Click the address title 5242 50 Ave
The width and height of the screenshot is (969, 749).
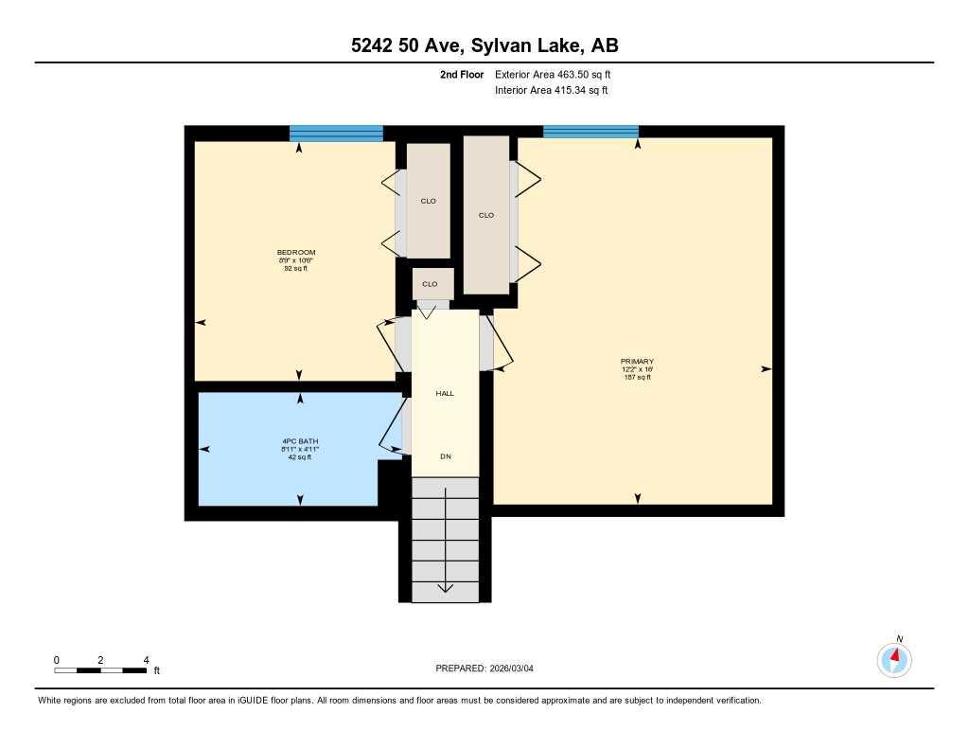484,45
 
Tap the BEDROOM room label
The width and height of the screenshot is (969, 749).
295,252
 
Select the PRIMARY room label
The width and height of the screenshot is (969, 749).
637,362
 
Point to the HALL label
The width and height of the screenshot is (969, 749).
445,393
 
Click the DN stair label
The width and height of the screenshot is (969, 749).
445,456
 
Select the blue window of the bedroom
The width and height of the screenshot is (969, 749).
336,133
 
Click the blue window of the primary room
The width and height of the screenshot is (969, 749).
590,132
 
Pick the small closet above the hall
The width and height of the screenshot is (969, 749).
431,284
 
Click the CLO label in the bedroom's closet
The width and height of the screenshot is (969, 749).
429,201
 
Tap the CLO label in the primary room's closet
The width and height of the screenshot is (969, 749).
486,215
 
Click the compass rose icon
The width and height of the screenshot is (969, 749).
894,658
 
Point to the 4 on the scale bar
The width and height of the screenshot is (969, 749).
146,659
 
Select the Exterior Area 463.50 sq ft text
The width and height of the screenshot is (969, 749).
559,74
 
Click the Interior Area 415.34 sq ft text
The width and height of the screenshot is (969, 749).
551,91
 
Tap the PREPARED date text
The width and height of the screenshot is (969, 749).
490,668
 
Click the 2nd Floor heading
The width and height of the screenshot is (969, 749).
462,74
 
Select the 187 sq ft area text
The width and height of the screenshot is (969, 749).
637,377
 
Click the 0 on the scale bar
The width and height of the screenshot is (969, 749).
56,659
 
